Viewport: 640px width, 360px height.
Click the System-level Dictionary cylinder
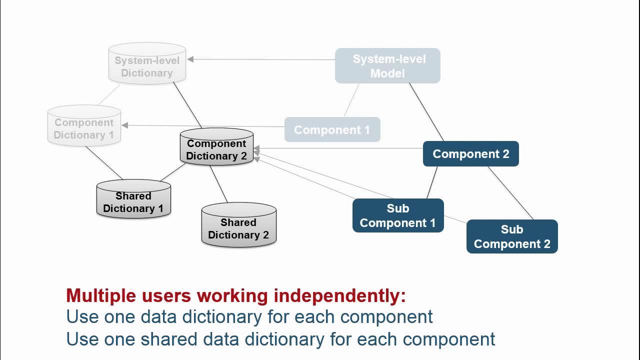point(147,64)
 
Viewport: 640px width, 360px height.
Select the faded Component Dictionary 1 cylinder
point(84,127)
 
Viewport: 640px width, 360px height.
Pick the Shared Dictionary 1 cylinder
point(133,200)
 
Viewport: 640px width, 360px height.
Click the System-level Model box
point(387,65)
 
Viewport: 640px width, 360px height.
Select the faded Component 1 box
point(332,129)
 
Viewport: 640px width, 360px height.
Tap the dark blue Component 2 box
point(470,153)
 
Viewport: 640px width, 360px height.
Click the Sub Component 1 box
point(397,215)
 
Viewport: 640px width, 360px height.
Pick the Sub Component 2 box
point(511,236)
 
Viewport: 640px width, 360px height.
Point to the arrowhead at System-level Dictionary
point(190,59)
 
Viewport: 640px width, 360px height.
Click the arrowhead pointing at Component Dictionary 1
point(125,125)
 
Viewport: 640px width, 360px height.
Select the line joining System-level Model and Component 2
point(426,112)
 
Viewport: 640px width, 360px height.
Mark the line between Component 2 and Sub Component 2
point(510,193)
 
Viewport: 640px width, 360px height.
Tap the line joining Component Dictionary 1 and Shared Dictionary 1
point(104,162)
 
